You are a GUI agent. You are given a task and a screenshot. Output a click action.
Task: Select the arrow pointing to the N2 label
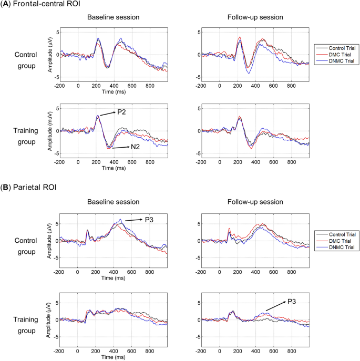119,148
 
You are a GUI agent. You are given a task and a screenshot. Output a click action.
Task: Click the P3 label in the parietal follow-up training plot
292,302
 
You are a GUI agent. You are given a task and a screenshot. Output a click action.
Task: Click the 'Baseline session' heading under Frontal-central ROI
113,17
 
